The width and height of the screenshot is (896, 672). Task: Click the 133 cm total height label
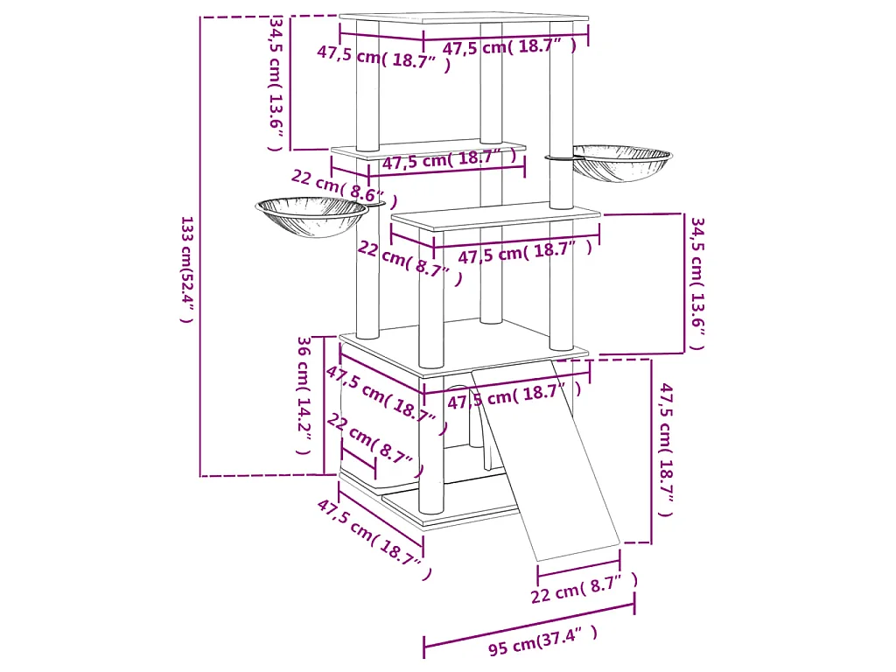click(x=185, y=269)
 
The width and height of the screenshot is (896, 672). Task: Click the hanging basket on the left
click(x=311, y=217)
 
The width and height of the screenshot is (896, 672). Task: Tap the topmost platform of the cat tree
click(x=464, y=19)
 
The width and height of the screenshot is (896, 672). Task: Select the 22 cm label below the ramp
click(x=584, y=587)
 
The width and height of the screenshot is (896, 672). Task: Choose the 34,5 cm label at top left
click(x=276, y=83)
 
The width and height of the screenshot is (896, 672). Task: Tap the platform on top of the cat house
click(x=464, y=341)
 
